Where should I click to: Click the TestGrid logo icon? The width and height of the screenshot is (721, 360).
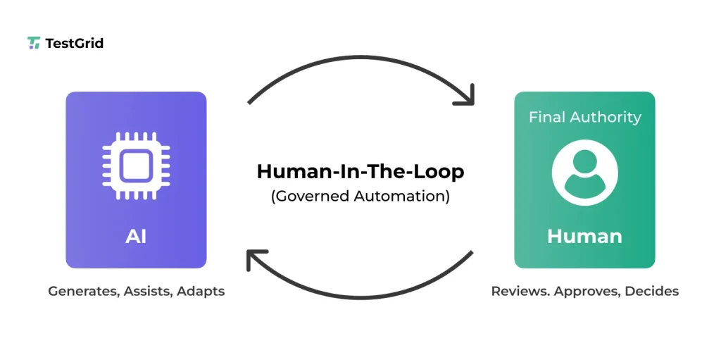34,43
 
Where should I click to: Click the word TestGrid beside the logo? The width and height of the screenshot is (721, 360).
74,43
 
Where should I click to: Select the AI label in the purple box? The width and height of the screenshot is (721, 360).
136,236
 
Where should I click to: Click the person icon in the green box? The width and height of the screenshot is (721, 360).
584,173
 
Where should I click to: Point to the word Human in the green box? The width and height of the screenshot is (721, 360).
584,236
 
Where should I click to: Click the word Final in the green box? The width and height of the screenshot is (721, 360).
548,117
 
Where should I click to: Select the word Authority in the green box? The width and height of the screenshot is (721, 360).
606,117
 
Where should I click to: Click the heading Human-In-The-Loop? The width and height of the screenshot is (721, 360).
360,171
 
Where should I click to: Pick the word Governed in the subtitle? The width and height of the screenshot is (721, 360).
311,196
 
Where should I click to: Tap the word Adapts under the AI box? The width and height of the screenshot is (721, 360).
201,291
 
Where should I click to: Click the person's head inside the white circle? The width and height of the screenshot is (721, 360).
584,165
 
